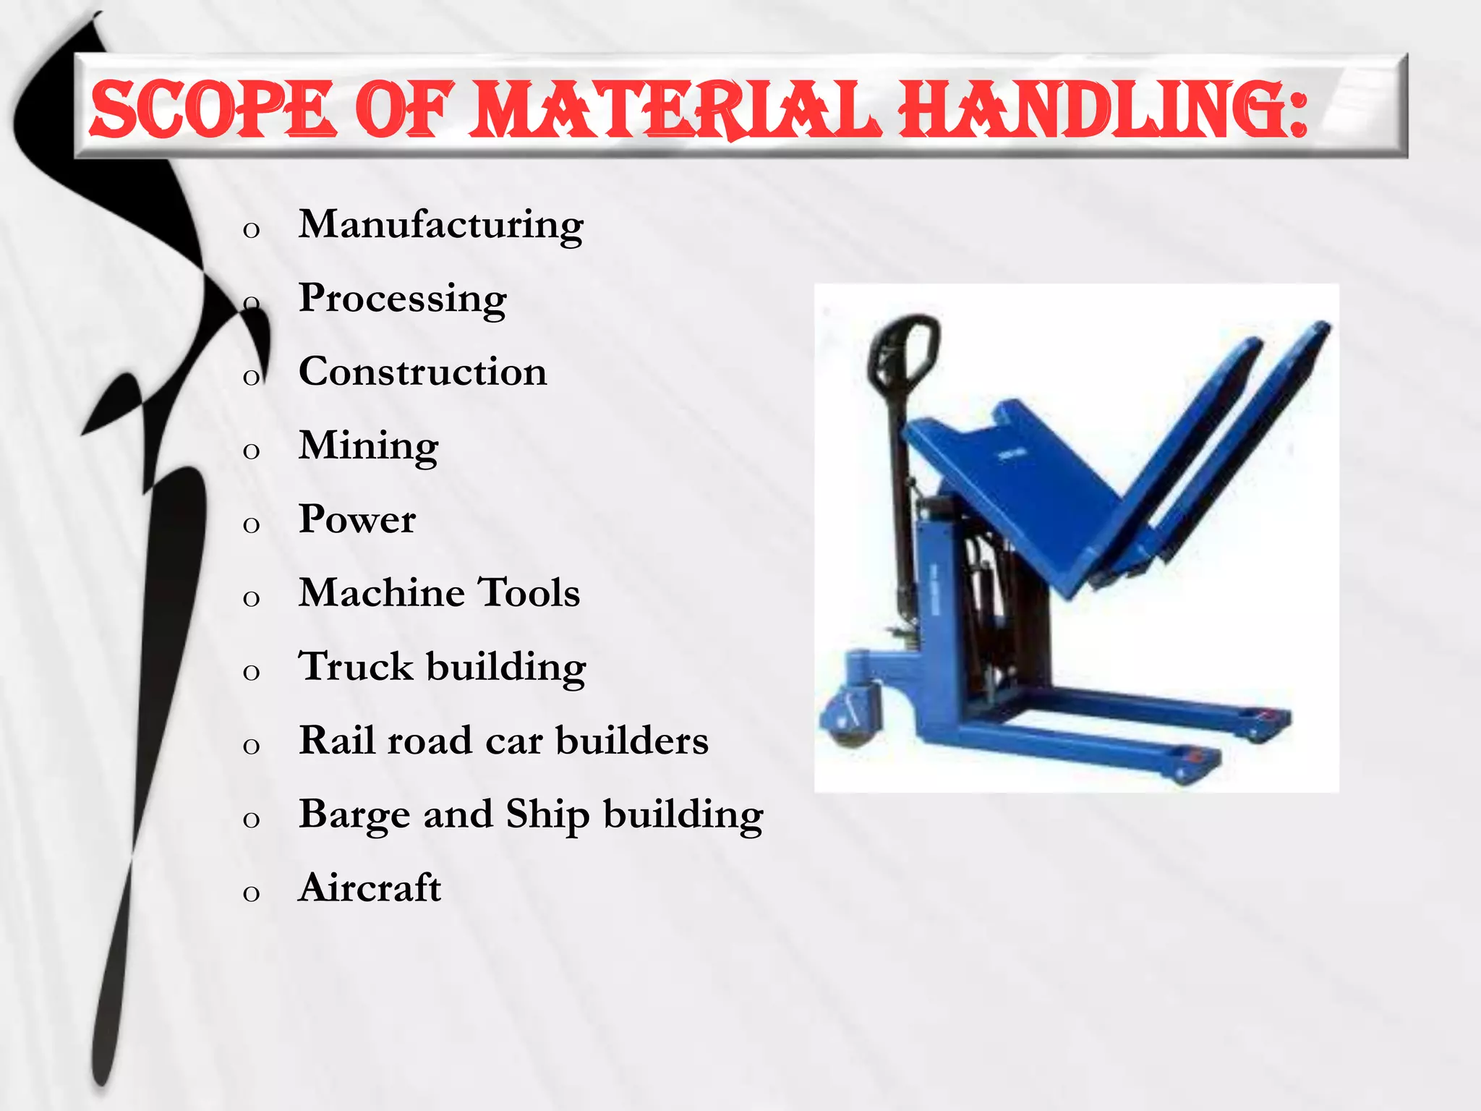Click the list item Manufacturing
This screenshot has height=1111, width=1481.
pos(440,225)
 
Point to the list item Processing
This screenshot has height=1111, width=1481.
pos(402,299)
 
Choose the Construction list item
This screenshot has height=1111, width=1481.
pos(422,372)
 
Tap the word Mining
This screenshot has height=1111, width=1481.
pos(368,446)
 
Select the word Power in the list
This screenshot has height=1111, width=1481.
pos(357,519)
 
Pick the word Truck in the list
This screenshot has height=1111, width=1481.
pos(356,667)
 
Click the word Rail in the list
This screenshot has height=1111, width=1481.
pos(336,741)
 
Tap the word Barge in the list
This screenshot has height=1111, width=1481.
pos(354,815)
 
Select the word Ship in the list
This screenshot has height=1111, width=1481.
pos(547,815)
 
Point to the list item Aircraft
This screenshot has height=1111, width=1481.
pos(370,888)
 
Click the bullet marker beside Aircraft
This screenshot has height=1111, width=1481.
pos(251,893)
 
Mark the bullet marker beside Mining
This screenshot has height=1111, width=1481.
pos(251,451)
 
